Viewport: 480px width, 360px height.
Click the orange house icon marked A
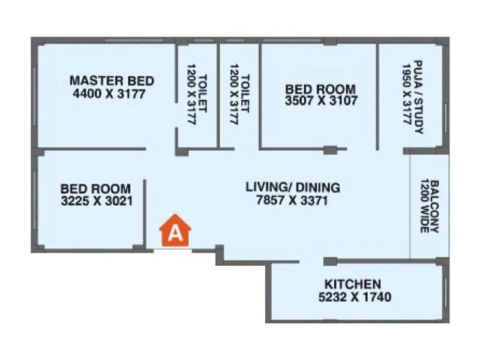175,231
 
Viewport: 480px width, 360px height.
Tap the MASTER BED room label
112,80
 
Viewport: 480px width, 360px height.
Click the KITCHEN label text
352,284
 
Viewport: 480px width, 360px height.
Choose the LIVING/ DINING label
293,187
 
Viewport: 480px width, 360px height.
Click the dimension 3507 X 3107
321,101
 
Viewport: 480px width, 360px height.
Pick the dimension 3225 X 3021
97,201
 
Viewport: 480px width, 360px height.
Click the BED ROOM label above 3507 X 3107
321,88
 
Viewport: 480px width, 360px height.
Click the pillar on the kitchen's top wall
330,261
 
